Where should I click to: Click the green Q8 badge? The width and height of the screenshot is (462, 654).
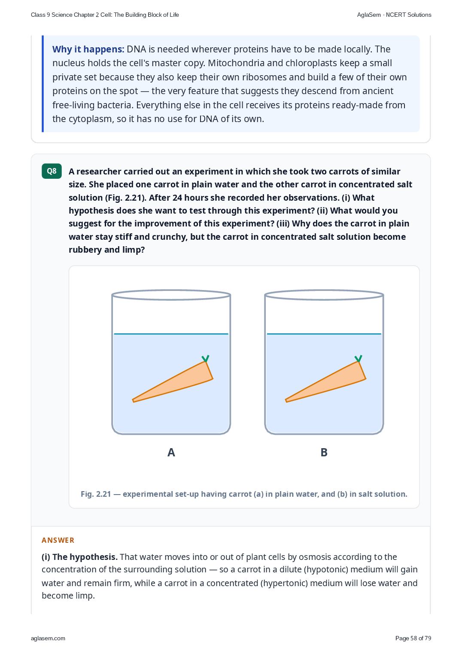(x=52, y=171)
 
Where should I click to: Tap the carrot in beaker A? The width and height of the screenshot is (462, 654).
(x=173, y=382)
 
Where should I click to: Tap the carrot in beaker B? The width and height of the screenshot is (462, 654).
(x=325, y=382)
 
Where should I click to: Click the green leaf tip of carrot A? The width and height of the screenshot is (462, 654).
(x=205, y=358)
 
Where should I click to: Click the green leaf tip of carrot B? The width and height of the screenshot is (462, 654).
(x=358, y=358)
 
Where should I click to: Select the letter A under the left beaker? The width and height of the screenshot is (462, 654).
(x=171, y=452)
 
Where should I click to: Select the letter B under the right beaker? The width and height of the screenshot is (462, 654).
(x=324, y=452)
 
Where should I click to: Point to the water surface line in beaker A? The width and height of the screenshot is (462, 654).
(x=171, y=334)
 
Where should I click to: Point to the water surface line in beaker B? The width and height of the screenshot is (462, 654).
(x=324, y=334)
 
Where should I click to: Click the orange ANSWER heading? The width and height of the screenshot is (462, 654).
(x=58, y=540)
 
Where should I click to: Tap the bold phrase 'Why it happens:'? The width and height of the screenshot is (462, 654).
(x=88, y=49)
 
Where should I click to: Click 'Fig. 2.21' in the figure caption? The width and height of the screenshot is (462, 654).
(x=96, y=494)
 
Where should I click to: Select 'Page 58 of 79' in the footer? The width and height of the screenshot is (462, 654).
(x=413, y=638)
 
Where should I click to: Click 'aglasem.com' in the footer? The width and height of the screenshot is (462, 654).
(x=48, y=638)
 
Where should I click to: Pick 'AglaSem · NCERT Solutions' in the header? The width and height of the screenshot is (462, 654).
(x=394, y=15)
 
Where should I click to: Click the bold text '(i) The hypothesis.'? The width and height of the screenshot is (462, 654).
(x=79, y=557)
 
